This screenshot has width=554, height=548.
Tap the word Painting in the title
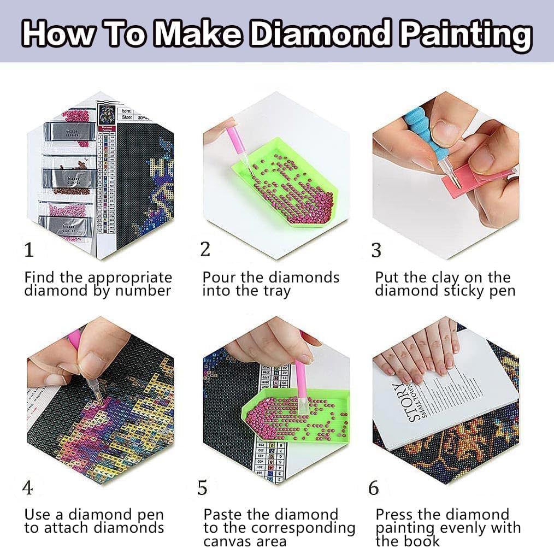[x=465, y=34]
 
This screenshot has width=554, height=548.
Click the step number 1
[x=30, y=250]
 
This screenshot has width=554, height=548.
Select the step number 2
[x=205, y=249]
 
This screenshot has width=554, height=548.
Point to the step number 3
[x=376, y=250]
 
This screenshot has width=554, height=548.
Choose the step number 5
[x=203, y=488]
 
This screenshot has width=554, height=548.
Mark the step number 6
[x=374, y=488]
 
